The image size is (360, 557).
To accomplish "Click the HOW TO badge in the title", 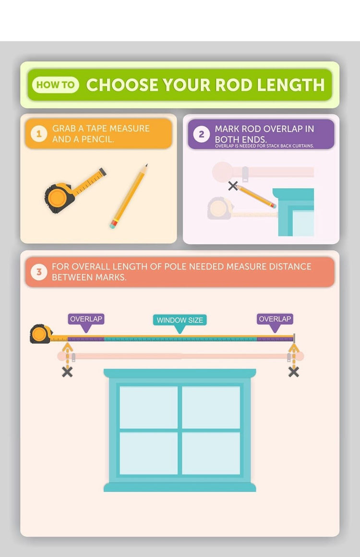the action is click(55, 85).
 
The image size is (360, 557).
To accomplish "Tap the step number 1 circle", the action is click(39, 134).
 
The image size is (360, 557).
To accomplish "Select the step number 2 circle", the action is click(201, 134).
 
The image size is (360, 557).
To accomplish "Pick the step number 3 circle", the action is click(39, 272).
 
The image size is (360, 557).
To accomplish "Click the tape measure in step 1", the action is click(75, 191).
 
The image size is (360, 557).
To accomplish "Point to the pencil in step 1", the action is click(129, 196).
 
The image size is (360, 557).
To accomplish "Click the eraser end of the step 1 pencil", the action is click(113, 225).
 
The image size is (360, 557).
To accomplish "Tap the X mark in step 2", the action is click(233, 185).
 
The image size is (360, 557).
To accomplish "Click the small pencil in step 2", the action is click(256, 196).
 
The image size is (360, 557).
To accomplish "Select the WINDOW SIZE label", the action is click(180, 320).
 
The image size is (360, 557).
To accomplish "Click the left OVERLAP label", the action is click(86, 319).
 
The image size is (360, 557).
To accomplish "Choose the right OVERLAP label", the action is click(275, 319).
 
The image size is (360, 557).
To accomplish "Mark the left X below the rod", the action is click(67, 372).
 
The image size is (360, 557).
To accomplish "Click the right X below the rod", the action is click(294, 372).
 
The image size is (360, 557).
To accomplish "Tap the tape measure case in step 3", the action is click(41, 334).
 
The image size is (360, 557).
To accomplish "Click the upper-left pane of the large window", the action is click(148, 407).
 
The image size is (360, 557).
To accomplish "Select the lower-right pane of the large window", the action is click(211, 453).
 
